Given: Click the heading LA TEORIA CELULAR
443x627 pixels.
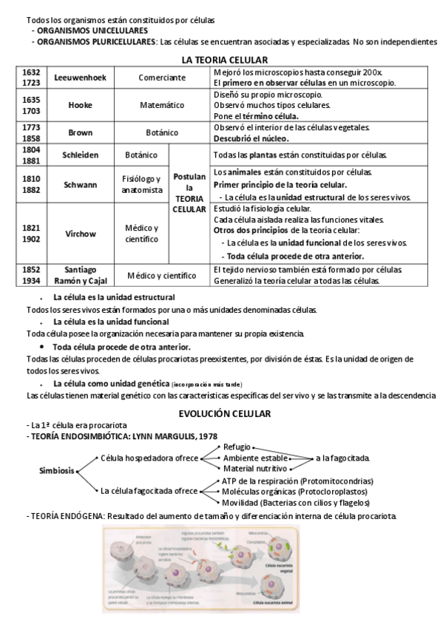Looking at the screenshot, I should (x=224, y=59).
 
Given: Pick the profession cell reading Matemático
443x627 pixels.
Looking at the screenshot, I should (x=162, y=105).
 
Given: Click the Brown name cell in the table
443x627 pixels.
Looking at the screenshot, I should (x=80, y=132).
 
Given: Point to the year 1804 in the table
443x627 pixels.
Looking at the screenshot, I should (x=31, y=149).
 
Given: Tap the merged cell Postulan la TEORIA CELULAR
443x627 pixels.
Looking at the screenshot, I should (x=189, y=193).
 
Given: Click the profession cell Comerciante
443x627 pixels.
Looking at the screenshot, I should (x=162, y=78).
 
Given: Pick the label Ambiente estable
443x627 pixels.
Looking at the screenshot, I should (x=255, y=458).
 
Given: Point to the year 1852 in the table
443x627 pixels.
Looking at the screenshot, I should (x=31, y=270).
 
